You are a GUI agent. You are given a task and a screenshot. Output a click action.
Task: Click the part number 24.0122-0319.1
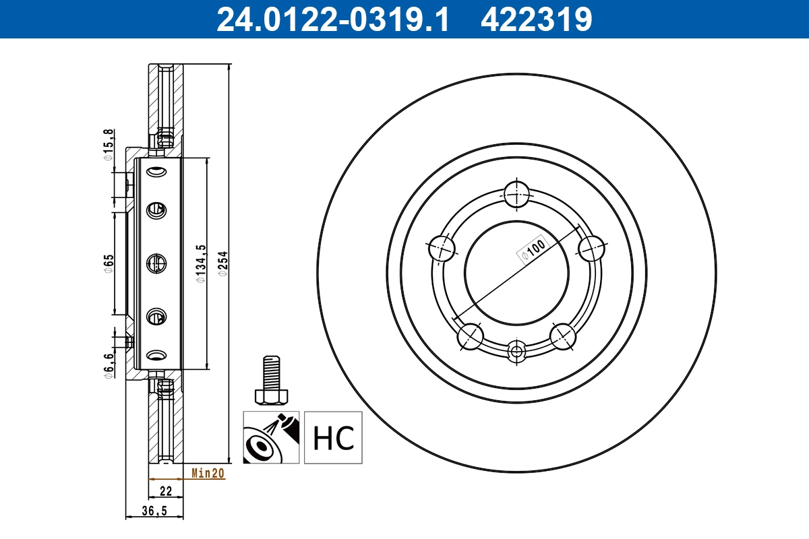(332, 20)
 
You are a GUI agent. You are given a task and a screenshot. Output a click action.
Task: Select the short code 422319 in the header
(536, 20)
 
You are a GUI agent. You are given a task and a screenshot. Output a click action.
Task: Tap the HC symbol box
(333, 438)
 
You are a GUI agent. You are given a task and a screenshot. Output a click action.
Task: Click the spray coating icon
(270, 438)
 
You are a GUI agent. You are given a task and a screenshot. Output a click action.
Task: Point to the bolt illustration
(270, 381)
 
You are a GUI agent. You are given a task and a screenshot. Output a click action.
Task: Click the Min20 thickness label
(208, 474)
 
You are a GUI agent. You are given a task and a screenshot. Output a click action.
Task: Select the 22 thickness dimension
(165, 490)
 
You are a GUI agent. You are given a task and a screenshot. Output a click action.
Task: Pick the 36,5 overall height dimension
(155, 511)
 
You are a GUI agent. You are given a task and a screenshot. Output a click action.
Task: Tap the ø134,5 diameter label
(200, 263)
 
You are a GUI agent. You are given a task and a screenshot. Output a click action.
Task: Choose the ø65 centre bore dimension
(108, 264)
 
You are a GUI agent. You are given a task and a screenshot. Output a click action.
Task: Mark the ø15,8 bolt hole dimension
(107, 145)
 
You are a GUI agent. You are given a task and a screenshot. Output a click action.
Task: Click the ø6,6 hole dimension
(107, 367)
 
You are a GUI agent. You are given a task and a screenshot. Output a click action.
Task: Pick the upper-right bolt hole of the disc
(591, 248)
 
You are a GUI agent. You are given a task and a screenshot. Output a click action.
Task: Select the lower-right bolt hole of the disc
(563, 336)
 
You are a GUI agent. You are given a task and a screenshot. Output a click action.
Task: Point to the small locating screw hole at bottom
(517, 350)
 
